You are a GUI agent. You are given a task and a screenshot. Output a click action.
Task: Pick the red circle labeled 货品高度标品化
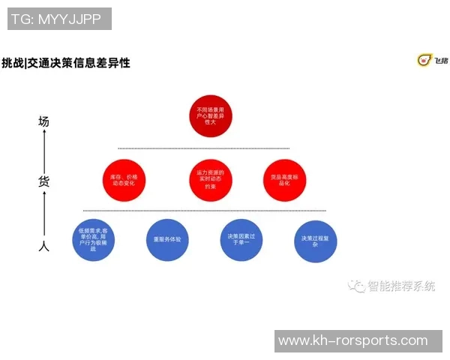[x=284, y=180]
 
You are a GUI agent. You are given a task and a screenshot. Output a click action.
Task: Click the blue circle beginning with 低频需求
[x=94, y=239]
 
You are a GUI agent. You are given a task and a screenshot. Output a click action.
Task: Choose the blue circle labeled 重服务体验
[x=167, y=239]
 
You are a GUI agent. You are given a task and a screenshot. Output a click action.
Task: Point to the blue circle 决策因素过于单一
[x=240, y=239]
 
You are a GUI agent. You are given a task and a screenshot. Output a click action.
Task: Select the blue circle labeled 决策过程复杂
[x=315, y=240]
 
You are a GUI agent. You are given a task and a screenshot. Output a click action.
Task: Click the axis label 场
[x=44, y=120]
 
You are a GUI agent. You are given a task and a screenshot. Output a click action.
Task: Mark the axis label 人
[x=44, y=245]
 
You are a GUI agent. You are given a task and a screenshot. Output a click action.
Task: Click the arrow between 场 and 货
[x=44, y=150]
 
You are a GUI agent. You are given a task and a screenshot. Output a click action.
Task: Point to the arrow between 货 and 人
[x=44, y=213]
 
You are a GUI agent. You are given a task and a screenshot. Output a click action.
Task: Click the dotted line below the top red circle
[x=203, y=148]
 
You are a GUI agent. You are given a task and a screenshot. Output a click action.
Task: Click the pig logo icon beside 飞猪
[x=424, y=60]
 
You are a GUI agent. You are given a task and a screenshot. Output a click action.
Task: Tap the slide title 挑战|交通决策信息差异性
[x=66, y=63]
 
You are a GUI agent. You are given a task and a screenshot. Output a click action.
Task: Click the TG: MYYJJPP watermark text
[x=59, y=19]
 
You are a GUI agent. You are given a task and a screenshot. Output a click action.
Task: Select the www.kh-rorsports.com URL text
[x=352, y=341]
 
